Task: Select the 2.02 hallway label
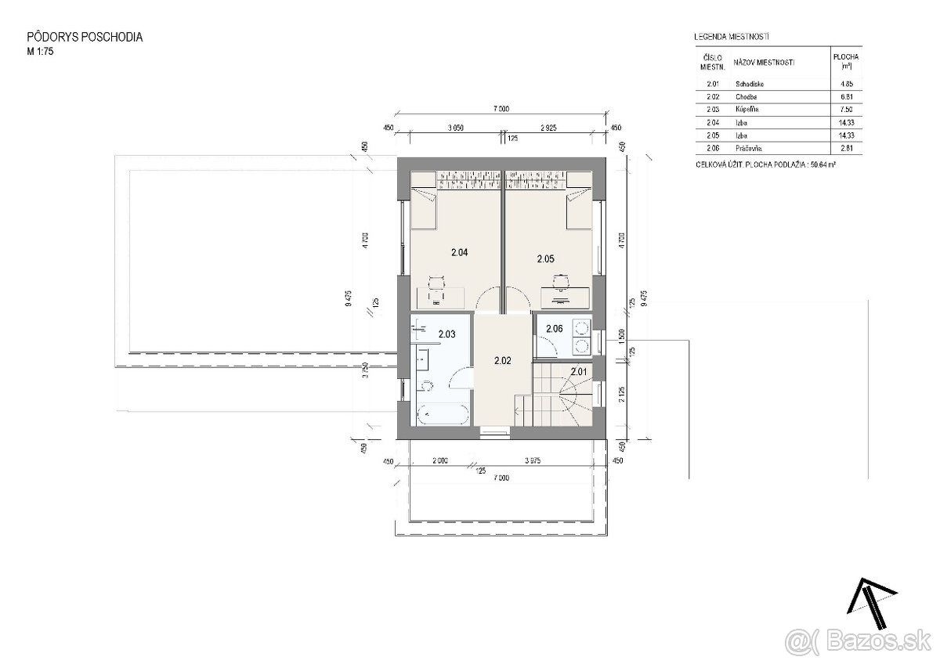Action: tap(503, 361)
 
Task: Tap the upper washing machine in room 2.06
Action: tap(582, 327)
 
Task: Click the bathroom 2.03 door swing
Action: tap(461, 379)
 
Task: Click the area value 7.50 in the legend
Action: tap(846, 110)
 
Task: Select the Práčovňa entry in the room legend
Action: tap(748, 148)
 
